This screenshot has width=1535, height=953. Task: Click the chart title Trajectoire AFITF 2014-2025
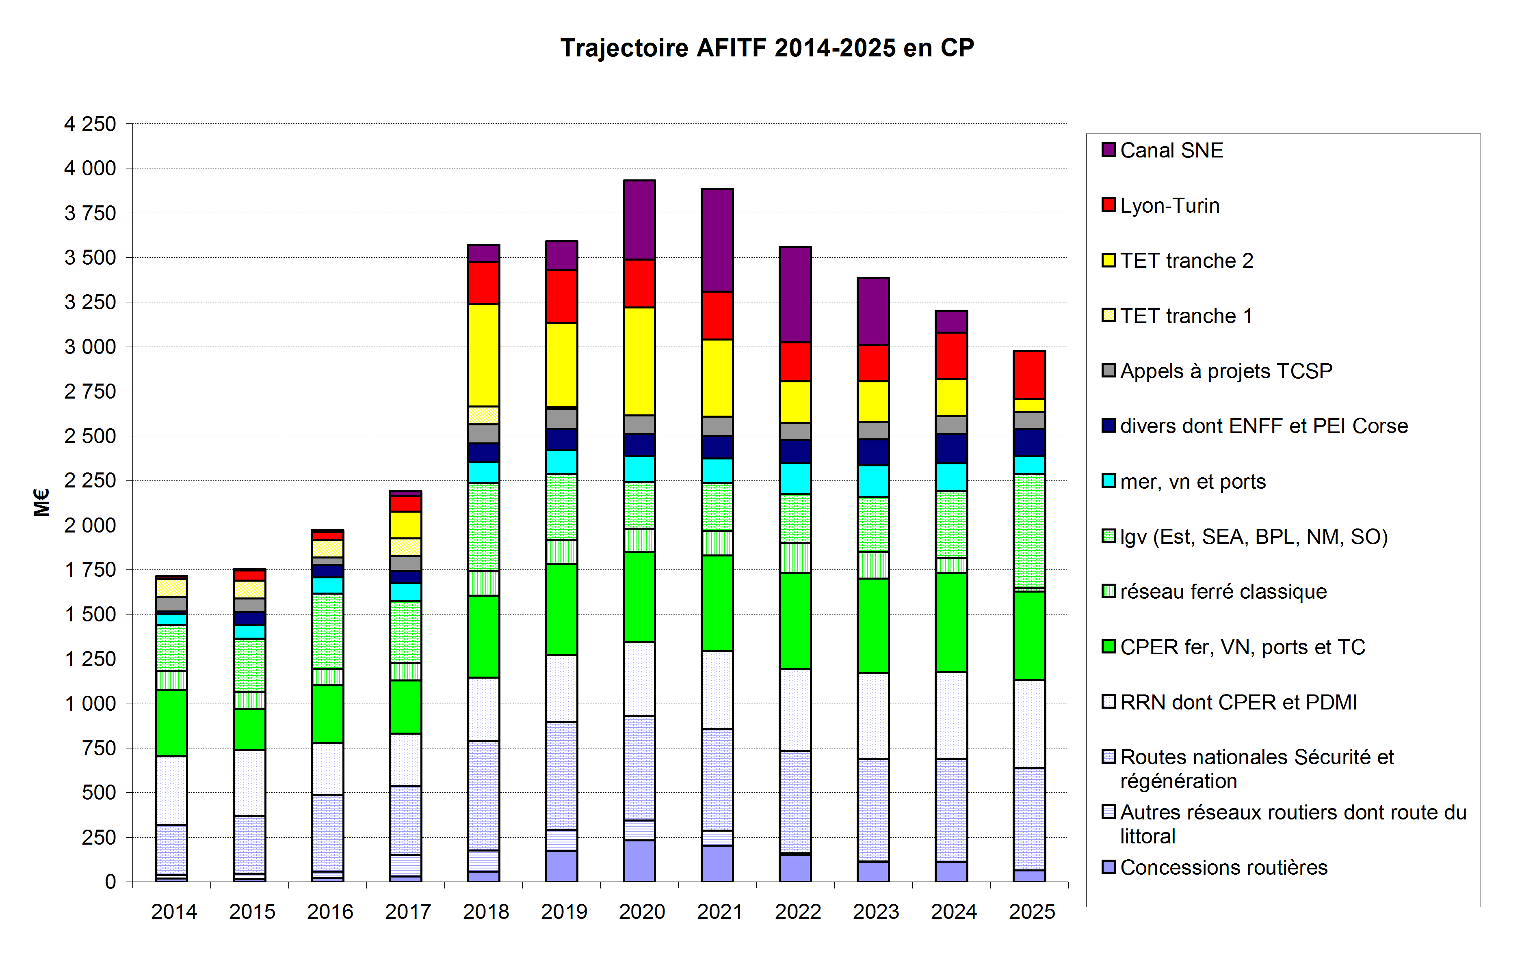coord(767,48)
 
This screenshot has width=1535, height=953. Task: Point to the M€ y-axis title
coord(41,502)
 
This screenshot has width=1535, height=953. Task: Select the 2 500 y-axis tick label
coord(90,436)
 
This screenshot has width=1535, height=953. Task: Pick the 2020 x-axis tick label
coord(641,912)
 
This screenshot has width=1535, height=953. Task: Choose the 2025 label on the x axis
coord(1032,912)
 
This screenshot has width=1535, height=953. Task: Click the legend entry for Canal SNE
coord(1171,151)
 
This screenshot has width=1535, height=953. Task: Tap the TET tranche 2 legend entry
coord(1186,261)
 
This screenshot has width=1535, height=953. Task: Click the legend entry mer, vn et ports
coord(1192,481)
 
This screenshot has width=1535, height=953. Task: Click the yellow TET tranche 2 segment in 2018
coord(483,355)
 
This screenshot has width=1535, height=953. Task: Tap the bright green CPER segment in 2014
coord(171,723)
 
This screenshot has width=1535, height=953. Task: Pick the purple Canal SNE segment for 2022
coord(795,294)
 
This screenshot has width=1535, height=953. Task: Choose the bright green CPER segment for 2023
coord(873,625)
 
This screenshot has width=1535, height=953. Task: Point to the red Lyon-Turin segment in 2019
coord(561,296)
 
